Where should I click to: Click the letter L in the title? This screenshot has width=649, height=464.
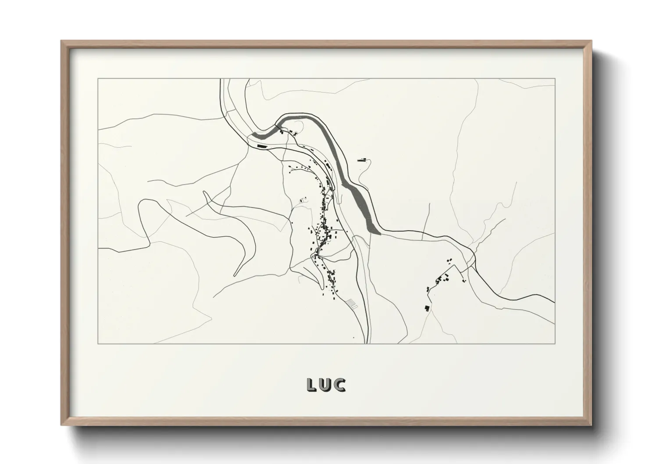pyautogui.click(x=311, y=385)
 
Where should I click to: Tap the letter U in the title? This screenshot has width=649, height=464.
pyautogui.click(x=326, y=385)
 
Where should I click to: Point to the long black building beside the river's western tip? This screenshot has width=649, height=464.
pyautogui.click(x=262, y=145)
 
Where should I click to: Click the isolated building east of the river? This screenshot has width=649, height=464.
pyautogui.click(x=362, y=160)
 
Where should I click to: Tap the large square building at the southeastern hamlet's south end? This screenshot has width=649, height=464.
pyautogui.click(x=427, y=307)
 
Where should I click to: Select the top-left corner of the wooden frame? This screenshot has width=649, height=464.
pyautogui.click(x=61, y=41)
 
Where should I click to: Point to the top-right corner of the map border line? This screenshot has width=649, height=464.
pyautogui.click(x=555, y=79)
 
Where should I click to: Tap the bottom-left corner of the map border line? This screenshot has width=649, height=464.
pyautogui.click(x=98, y=344)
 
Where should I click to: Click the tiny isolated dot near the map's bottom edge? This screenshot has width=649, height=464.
pyautogui.click(x=353, y=338)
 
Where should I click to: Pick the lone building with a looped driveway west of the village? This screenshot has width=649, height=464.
pyautogui.click(x=301, y=200)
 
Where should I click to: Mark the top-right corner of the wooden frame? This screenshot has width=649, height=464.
pyautogui.click(x=591, y=41)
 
